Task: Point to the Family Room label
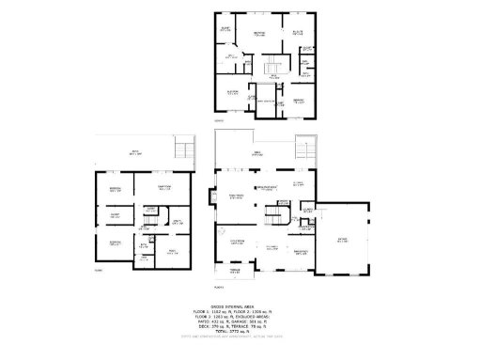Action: [x=238, y=196]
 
